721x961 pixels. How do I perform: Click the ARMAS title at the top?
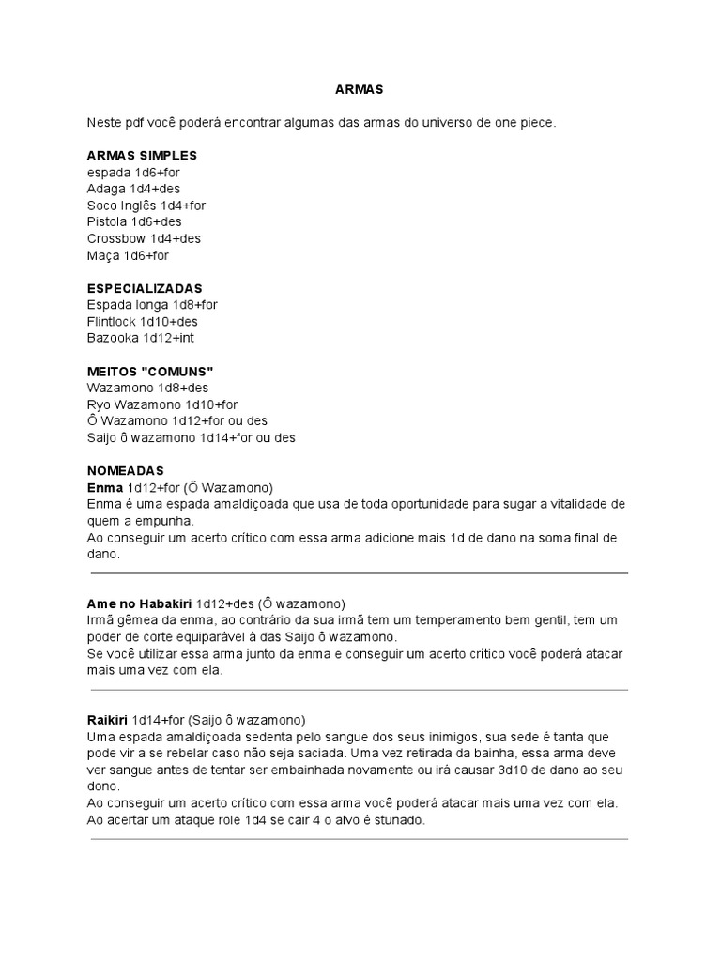(x=360, y=89)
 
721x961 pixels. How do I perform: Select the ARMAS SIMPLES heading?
(x=142, y=155)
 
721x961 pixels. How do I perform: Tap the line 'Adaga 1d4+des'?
(x=133, y=189)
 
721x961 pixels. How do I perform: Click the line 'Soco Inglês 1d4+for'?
(x=146, y=206)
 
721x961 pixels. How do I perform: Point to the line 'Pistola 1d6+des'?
(x=134, y=222)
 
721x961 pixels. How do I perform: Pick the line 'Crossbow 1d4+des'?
(x=144, y=238)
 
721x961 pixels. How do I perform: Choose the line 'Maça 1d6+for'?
(x=128, y=255)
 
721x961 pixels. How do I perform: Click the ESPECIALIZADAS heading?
(x=145, y=288)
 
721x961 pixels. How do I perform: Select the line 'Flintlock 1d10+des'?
(x=142, y=322)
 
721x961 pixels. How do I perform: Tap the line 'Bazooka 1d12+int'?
(x=140, y=338)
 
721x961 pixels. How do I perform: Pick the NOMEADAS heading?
(x=126, y=470)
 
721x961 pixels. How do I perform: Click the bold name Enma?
(x=104, y=488)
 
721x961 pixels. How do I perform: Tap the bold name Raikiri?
(x=107, y=720)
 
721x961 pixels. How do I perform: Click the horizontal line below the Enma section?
(x=360, y=573)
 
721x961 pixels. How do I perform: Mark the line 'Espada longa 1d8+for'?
(x=152, y=305)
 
